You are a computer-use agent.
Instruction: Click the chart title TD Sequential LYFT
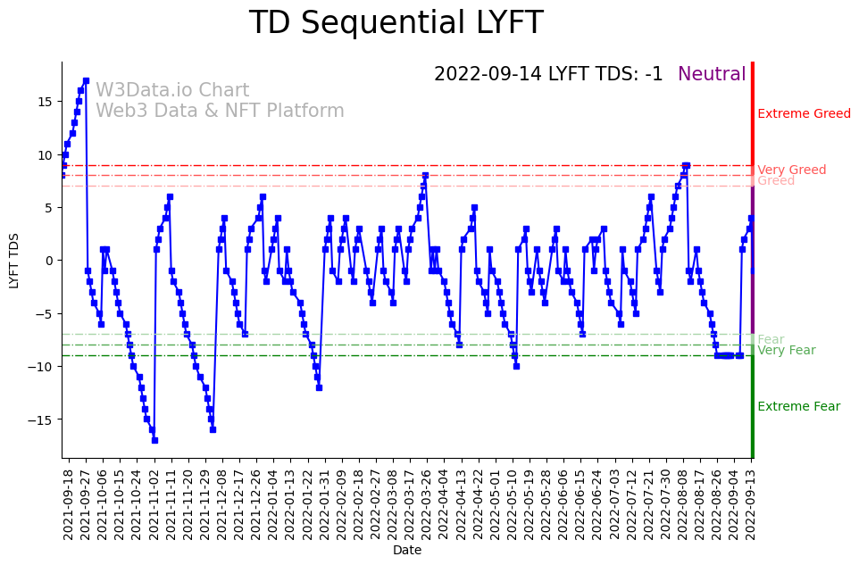tap(396, 23)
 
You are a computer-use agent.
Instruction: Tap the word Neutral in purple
tap(712, 75)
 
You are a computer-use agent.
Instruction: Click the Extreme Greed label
tap(804, 114)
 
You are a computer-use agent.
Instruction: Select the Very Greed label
tap(791, 170)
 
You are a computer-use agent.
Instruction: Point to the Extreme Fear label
tap(798, 407)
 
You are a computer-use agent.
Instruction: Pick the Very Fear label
tap(786, 351)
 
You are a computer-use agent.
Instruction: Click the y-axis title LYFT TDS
tap(14, 261)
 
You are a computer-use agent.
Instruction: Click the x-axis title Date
tap(407, 551)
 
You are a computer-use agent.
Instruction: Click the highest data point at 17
tap(86, 80)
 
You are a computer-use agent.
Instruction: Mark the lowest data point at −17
tap(154, 440)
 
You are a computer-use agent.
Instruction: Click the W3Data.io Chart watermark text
tap(172, 91)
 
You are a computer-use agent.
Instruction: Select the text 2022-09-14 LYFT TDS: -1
tap(548, 75)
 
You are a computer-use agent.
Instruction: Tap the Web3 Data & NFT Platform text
tap(220, 112)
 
